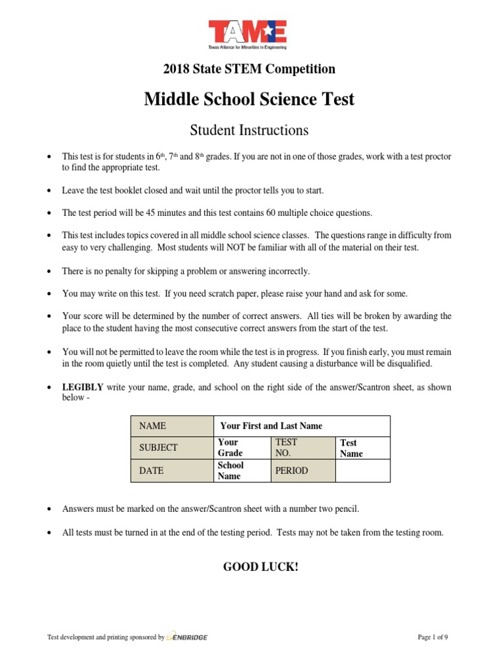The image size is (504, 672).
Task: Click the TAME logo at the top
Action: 248,33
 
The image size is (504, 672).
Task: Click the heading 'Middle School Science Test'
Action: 249,99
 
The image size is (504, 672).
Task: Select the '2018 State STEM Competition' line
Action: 249,69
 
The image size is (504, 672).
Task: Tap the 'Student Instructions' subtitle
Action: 249,131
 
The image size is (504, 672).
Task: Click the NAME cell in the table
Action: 172,426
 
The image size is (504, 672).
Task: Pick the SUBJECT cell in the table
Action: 172,448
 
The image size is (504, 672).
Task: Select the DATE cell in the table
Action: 172,471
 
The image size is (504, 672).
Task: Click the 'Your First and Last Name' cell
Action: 302,426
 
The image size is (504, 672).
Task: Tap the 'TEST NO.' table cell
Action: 303,448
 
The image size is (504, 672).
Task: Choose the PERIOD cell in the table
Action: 303,471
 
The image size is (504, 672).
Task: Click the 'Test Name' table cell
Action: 362,448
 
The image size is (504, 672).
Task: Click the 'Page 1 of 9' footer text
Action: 432,637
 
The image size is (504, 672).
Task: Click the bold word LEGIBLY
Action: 83,387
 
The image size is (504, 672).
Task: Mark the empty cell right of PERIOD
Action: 362,471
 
